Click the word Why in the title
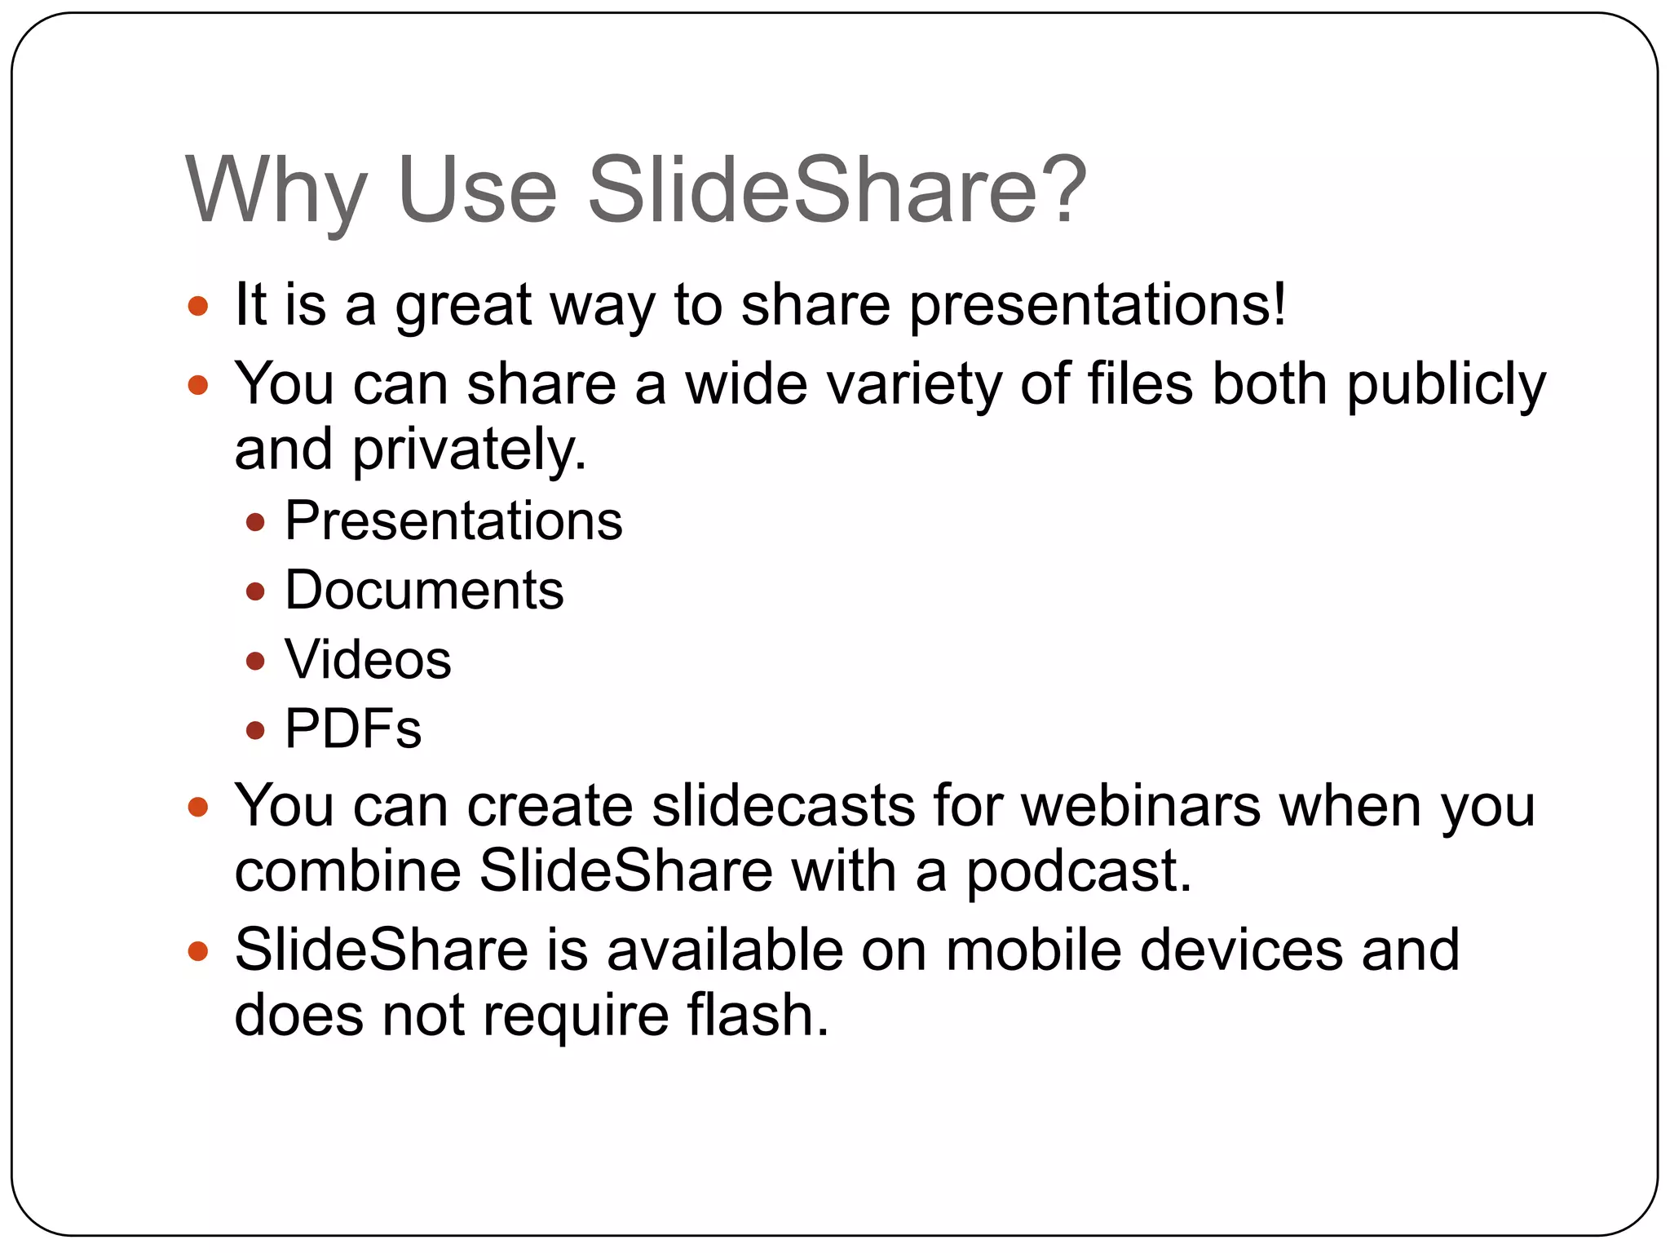[276, 193]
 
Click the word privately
[468, 450]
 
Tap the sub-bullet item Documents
[424, 590]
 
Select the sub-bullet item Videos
[368, 659]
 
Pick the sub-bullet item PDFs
[353, 728]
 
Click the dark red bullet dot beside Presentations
[256, 522]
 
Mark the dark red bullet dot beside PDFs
[256, 730]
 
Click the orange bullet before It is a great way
[198, 307]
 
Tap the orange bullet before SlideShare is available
[198, 951]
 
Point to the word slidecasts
[783, 806]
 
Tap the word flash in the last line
[757, 1016]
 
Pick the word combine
[347, 871]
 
